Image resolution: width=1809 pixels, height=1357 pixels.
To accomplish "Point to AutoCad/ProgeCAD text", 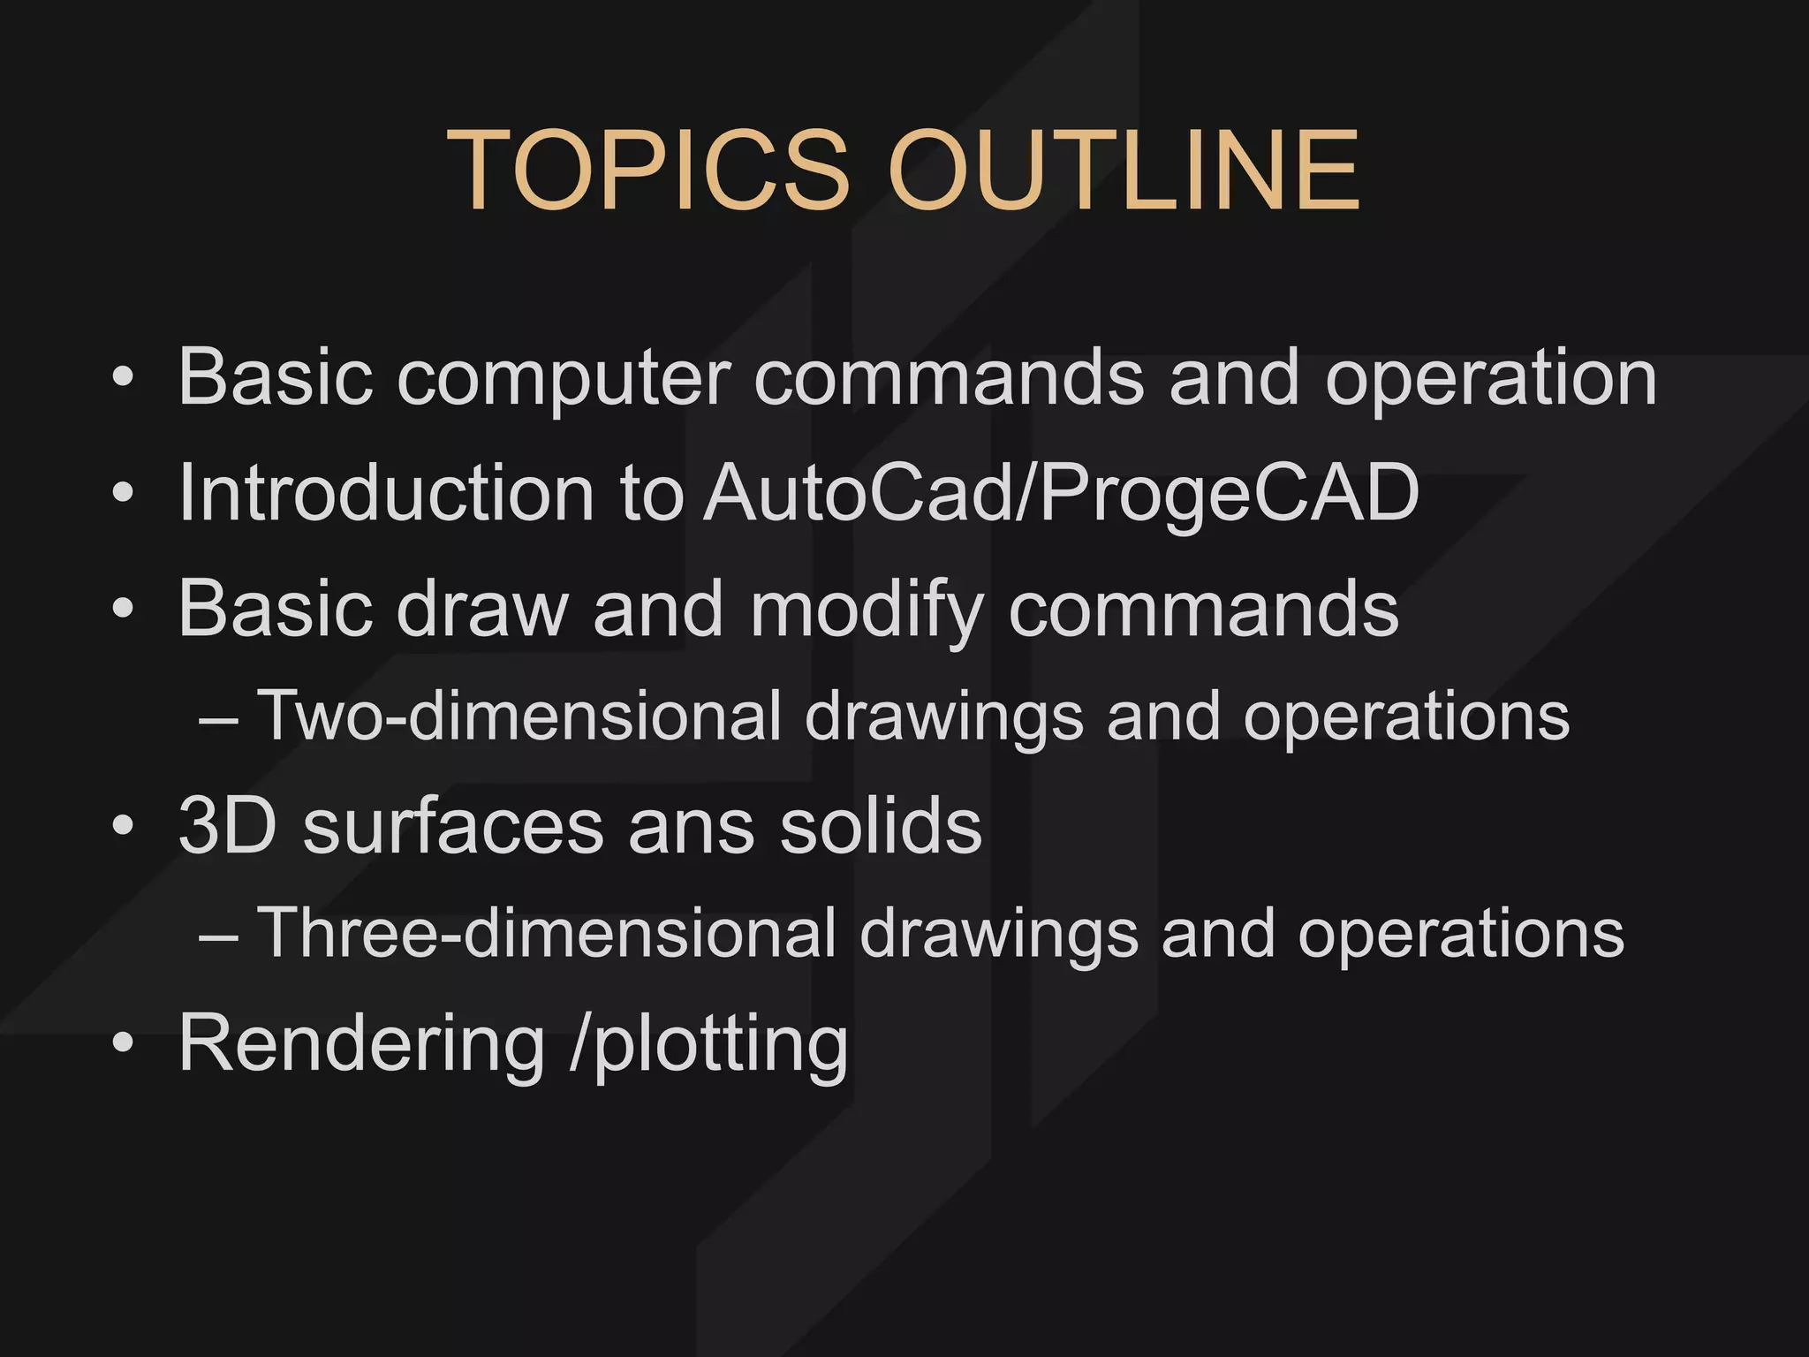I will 1061,495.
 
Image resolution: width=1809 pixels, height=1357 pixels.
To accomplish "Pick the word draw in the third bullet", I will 481,610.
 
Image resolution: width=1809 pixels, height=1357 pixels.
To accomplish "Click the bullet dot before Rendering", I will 123,1043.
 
